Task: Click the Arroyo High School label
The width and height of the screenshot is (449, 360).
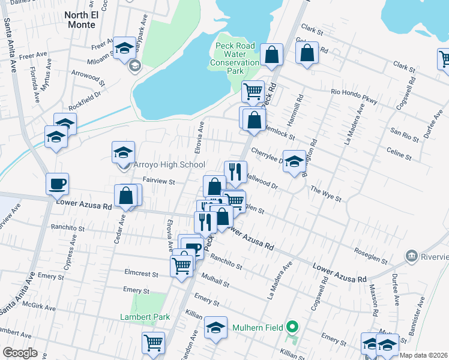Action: [x=169, y=165]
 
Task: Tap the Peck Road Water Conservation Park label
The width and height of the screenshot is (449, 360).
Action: [x=235, y=58]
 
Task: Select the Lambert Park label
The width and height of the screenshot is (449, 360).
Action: [x=145, y=317]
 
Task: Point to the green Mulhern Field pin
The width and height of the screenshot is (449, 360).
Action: [x=292, y=327]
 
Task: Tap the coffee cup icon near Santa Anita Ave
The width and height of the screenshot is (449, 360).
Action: [x=58, y=184]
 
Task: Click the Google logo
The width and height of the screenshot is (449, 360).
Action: [x=20, y=353]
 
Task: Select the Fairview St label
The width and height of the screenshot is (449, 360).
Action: [x=158, y=181]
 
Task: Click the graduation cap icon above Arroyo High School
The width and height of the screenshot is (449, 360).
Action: [x=123, y=152]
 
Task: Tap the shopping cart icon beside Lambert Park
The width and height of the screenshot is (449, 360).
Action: [x=153, y=343]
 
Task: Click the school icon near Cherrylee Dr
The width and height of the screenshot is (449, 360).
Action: [x=294, y=161]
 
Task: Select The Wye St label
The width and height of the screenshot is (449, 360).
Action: [x=325, y=193]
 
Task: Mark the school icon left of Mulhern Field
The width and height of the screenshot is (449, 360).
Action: [x=215, y=328]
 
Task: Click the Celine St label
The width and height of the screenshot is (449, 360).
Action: [x=399, y=154]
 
